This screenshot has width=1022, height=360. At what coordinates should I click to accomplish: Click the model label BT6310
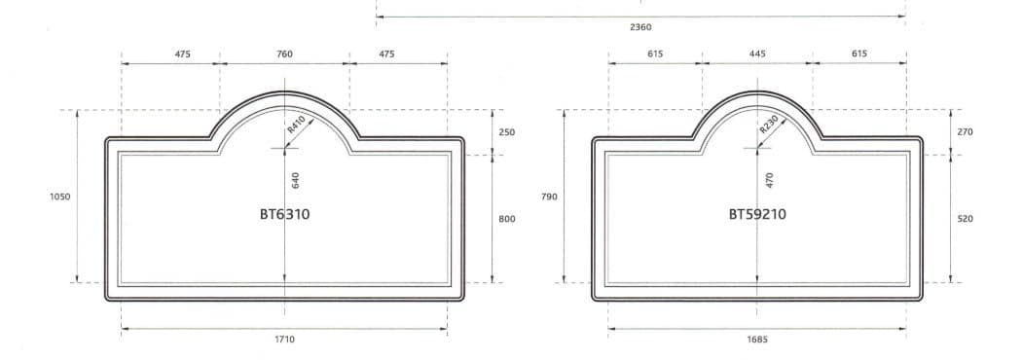pyautogui.click(x=284, y=214)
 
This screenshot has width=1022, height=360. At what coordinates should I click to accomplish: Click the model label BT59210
pyautogui.click(x=757, y=214)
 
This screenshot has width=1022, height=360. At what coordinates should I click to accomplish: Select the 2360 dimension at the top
pyautogui.click(x=640, y=27)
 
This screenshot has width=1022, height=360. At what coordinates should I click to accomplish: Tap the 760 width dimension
pyautogui.click(x=284, y=54)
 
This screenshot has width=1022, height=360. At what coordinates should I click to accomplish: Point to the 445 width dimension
pyautogui.click(x=757, y=54)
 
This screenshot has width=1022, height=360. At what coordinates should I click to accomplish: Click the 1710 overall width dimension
pyautogui.click(x=284, y=340)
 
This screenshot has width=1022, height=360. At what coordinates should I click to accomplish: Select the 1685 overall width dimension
pyautogui.click(x=757, y=340)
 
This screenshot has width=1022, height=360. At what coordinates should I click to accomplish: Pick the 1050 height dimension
pyautogui.click(x=58, y=197)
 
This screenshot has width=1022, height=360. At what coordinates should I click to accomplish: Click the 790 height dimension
pyautogui.click(x=548, y=197)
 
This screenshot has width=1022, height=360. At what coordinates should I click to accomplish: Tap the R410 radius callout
pyautogui.click(x=296, y=125)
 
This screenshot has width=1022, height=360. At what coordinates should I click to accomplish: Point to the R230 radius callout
pyautogui.click(x=768, y=125)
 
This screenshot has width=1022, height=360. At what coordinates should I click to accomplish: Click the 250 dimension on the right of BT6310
pyautogui.click(x=507, y=131)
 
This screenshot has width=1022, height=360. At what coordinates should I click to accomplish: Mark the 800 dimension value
pyautogui.click(x=507, y=219)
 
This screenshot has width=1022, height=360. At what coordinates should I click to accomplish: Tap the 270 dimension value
pyautogui.click(x=965, y=131)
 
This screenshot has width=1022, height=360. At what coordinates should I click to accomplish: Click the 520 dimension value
pyautogui.click(x=965, y=219)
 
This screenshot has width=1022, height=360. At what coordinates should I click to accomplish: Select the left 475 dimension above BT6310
pyautogui.click(x=182, y=54)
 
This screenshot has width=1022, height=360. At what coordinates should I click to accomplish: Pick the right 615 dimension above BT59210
pyautogui.click(x=858, y=54)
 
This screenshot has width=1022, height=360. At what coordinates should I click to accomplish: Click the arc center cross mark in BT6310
pyautogui.click(x=284, y=148)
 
